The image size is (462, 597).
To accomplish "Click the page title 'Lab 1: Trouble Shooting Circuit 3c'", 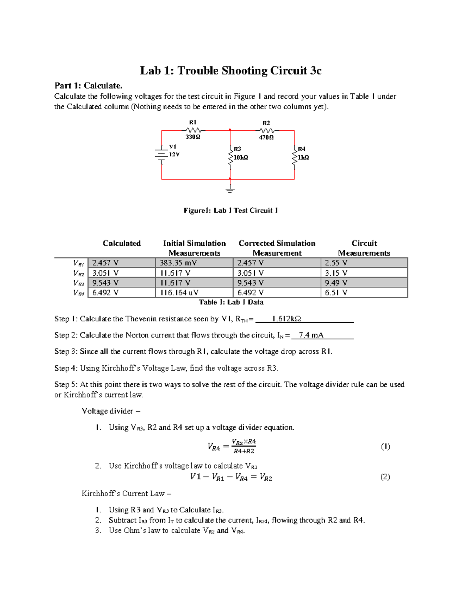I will pos(230,71).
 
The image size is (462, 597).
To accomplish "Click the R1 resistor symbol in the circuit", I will pos(192,130).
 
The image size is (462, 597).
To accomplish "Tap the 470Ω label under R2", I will pos(266,137).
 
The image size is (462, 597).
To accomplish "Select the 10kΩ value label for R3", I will pos(241,158).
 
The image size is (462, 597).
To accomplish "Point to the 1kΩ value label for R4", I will pos(303,158).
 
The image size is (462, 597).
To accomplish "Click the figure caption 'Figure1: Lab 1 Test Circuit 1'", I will pos(230,210).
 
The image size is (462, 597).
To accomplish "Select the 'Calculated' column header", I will pos(122,243).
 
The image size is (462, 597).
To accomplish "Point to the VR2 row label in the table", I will pos(79,273).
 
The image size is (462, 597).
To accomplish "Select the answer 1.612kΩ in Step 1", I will pos(286,319).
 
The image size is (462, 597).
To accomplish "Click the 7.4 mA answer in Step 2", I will pos(311,335).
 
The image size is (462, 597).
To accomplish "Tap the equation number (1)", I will pos(385,446).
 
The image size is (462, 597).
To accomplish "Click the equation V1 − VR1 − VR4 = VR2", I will pos(231,477).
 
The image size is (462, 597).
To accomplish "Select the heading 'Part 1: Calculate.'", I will pos(88,85).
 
